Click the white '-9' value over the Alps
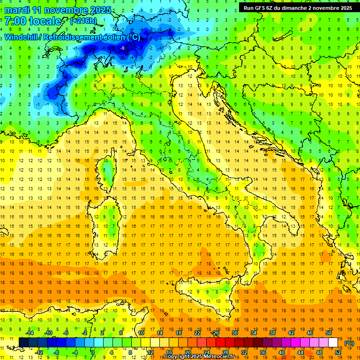(x=122, y=48)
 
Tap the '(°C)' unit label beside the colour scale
(x=349, y=343)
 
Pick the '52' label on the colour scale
(x=338, y=352)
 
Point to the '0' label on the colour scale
(x=93, y=352)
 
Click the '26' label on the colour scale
(x=216, y=333)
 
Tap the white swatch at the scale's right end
(x=333, y=343)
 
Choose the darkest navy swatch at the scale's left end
(x=23, y=343)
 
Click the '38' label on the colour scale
(x=272, y=333)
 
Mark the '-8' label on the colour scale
(x=56, y=352)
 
